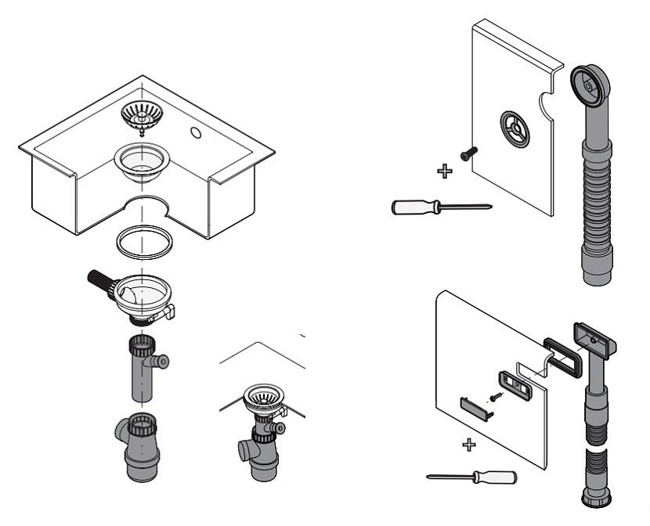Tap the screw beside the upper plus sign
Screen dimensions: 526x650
pos(467,154)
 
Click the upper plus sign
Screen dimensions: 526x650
pos(444,170)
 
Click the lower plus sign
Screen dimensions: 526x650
pos(469,445)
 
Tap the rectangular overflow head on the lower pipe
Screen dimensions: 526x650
pos(598,337)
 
